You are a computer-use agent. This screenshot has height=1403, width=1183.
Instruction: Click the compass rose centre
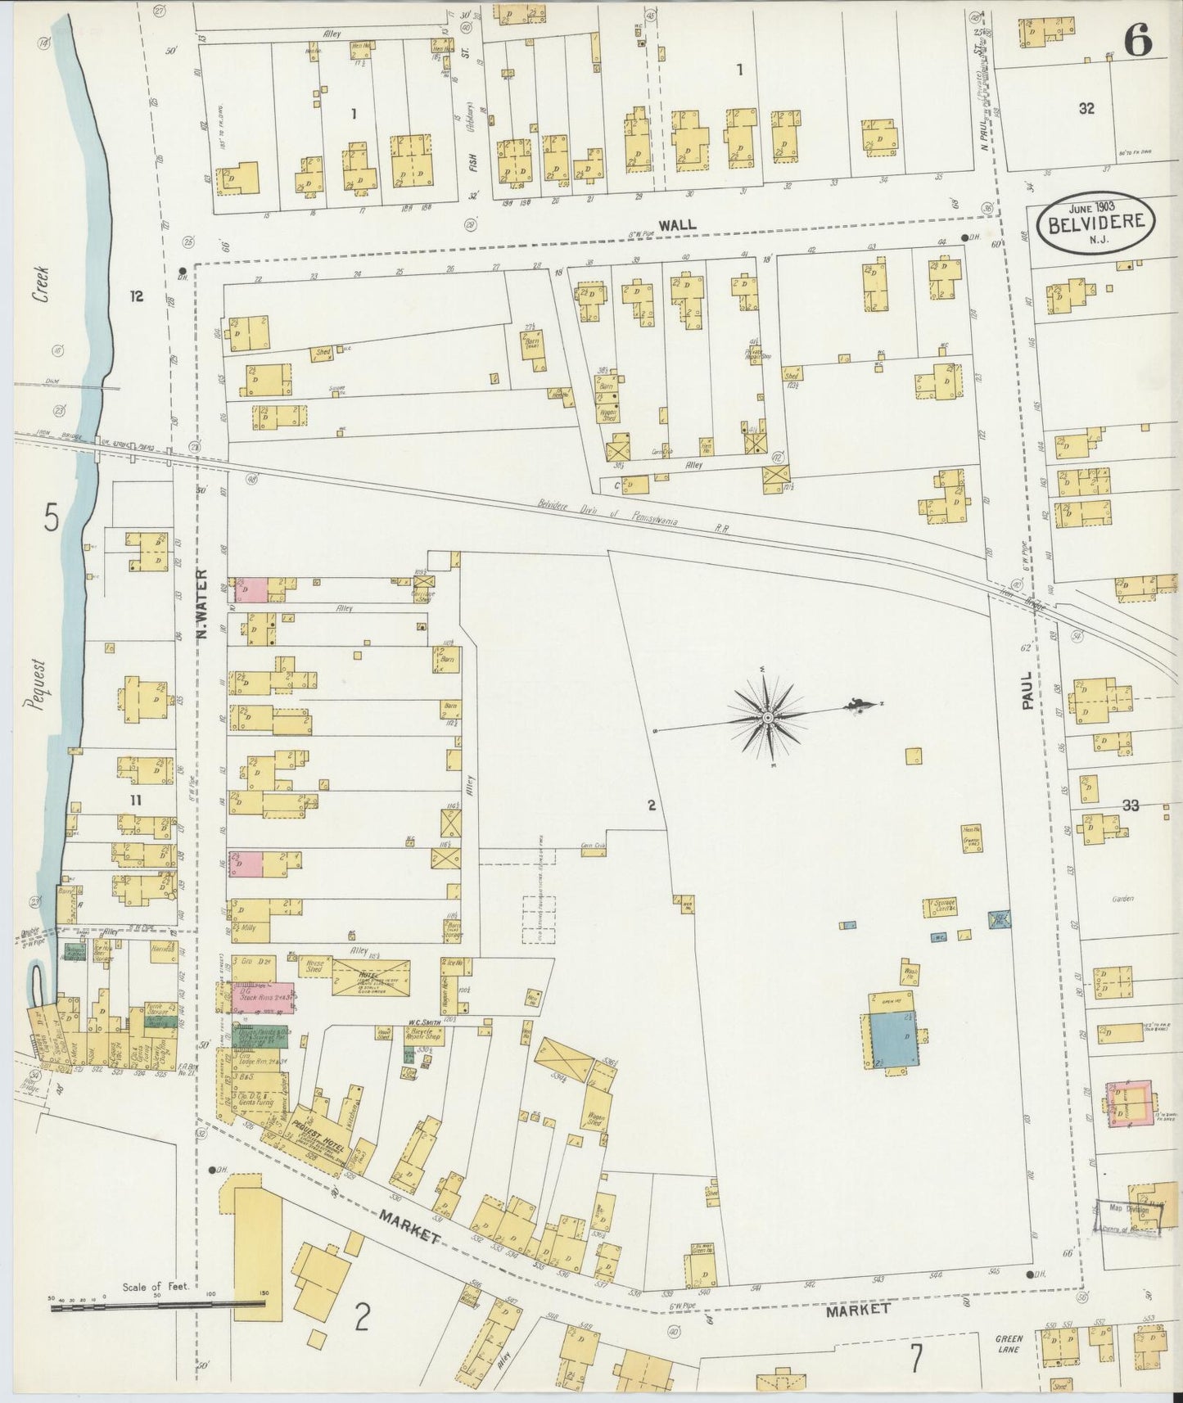pos(768,718)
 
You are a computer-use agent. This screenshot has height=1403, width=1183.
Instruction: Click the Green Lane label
pos(1009,1342)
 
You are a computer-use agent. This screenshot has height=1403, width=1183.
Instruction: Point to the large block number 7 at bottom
pos(915,1360)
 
